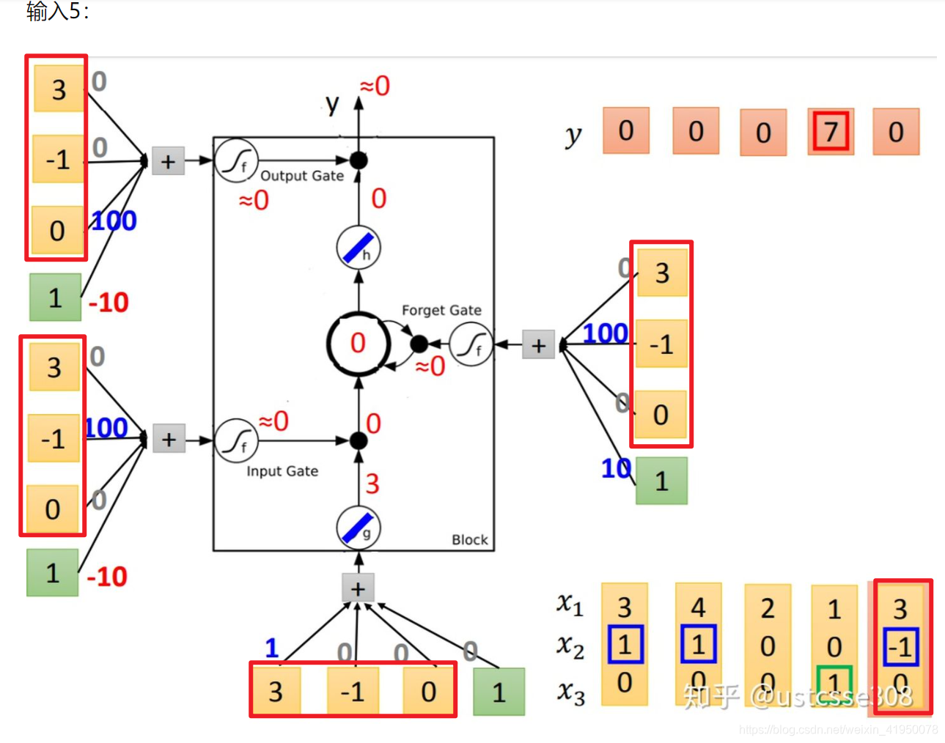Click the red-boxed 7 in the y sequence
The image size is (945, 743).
(831, 132)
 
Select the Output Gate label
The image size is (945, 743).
(302, 176)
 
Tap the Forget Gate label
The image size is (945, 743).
(441, 310)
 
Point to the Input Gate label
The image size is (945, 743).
(282, 471)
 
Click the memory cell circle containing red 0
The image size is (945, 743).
(358, 343)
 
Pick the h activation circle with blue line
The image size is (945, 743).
(358, 248)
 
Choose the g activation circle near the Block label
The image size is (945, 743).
(358, 528)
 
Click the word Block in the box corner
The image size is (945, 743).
(469, 540)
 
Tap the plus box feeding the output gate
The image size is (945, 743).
(168, 161)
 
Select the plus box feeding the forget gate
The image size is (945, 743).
(539, 345)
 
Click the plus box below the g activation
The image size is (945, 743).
(358, 588)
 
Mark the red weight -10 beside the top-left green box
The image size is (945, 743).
(109, 302)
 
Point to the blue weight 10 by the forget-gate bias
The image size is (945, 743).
(616, 468)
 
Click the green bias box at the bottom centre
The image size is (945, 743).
(499, 692)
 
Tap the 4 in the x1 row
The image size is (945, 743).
(698, 607)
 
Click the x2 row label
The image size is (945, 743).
(570, 646)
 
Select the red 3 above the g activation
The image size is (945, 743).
(372, 484)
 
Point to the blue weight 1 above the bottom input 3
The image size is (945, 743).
(272, 648)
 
